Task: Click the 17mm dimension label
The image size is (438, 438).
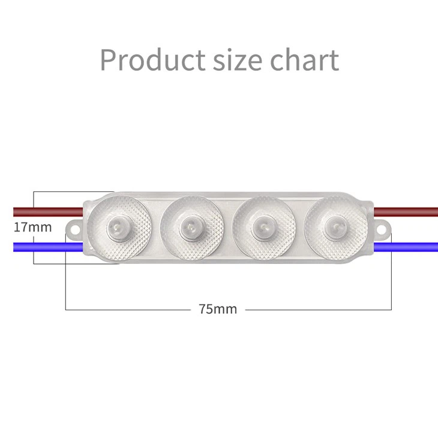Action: pos(32,228)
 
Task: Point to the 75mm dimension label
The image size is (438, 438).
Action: pos(218,310)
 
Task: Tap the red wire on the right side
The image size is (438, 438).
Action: pos(408,211)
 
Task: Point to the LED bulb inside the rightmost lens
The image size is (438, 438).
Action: pos(333,229)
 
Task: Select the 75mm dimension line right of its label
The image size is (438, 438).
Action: pos(318,310)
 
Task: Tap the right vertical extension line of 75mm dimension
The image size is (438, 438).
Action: pos(391,282)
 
